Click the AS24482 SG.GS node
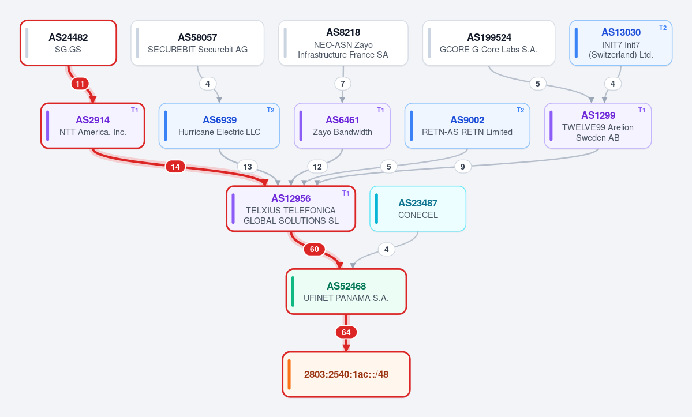(69, 43)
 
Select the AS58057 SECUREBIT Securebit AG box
(197, 43)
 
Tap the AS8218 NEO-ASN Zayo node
(343, 43)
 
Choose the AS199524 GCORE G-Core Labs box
(488, 43)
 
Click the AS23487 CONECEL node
(418, 209)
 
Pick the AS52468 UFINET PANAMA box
(346, 291)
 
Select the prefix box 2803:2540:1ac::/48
(346, 374)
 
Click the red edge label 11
(80, 84)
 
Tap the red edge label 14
(175, 167)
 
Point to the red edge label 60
(314, 250)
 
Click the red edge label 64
(346, 332)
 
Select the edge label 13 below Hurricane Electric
(248, 167)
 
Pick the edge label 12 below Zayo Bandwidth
(317, 167)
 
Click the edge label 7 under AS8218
(342, 84)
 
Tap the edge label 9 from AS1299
(462, 167)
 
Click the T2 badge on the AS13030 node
(663, 27)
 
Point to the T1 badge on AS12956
(346, 193)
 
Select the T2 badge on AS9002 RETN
(521, 110)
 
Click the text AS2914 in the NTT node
(93, 120)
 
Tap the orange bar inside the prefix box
(289, 374)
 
